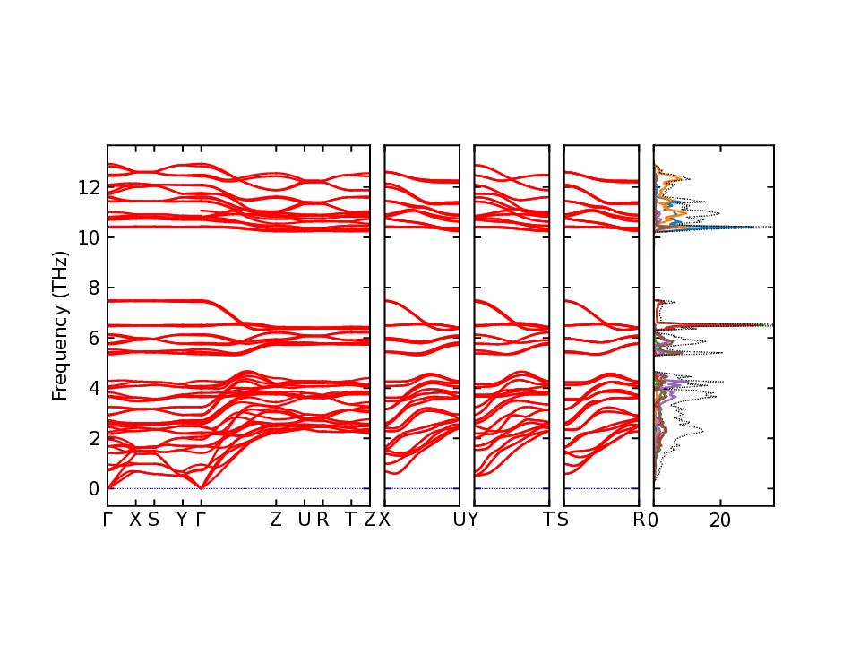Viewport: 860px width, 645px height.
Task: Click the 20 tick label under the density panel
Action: coord(720,520)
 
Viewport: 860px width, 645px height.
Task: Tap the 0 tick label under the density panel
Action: coord(654,520)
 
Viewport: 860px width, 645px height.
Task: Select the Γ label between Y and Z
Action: coord(201,520)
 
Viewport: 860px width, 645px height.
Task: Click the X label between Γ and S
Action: coord(135,520)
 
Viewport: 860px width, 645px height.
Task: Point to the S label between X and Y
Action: coord(153,520)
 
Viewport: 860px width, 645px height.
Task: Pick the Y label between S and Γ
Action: coord(182,520)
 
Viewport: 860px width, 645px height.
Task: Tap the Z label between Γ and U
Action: coord(276,520)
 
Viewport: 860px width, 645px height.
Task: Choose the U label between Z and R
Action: coord(304,520)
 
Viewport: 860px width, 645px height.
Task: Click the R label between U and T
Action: coord(322,520)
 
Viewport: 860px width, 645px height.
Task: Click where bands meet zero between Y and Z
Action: coord(201,487)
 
